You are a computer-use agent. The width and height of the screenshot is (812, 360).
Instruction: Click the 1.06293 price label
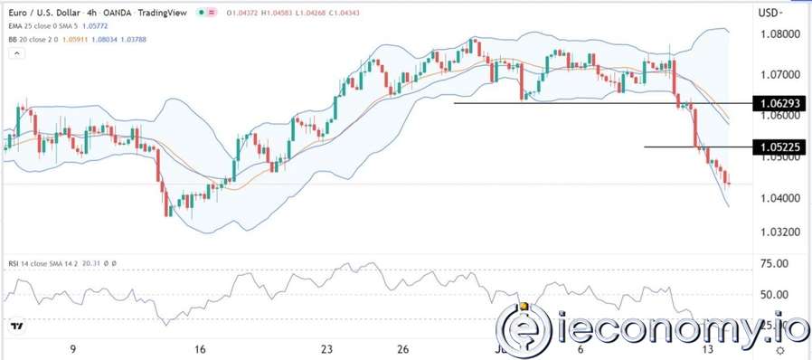click(x=779, y=104)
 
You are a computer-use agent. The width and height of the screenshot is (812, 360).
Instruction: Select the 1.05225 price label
click(x=779, y=147)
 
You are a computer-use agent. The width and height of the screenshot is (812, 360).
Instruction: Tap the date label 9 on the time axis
click(x=72, y=349)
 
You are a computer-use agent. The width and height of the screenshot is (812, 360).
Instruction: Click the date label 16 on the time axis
click(x=201, y=349)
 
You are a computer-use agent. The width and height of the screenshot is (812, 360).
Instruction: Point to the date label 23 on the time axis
click(x=328, y=349)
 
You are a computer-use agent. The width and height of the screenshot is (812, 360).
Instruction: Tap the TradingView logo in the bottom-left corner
click(x=16, y=326)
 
